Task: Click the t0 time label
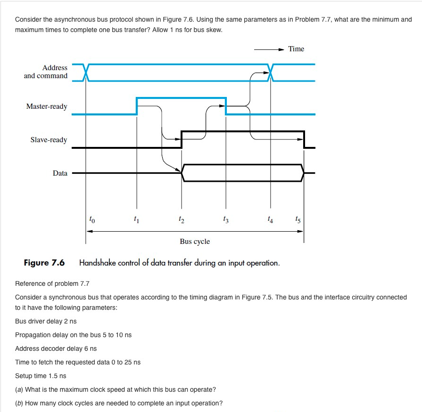(x=92, y=219)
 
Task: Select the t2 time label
(x=182, y=219)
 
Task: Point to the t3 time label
(x=226, y=219)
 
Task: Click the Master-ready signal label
(x=47, y=106)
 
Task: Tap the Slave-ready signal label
(x=49, y=140)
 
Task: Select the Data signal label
(x=60, y=173)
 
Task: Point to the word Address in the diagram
(x=55, y=68)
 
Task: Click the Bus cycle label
(x=195, y=242)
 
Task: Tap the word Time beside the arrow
(x=296, y=49)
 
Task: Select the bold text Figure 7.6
(x=44, y=263)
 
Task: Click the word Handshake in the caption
(x=97, y=263)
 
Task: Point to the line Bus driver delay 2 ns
(x=46, y=321)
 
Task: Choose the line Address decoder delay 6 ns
(x=56, y=348)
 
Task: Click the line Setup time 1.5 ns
(x=41, y=376)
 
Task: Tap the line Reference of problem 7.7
(x=52, y=283)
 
